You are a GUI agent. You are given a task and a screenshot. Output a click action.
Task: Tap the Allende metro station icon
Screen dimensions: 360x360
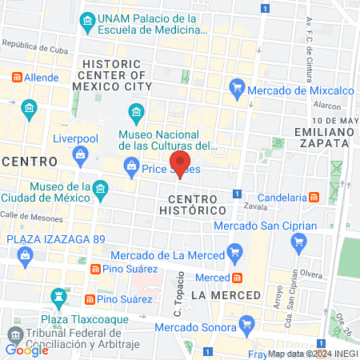[x=17, y=78]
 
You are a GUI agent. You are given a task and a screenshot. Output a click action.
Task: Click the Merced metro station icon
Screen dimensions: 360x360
[x=238, y=278]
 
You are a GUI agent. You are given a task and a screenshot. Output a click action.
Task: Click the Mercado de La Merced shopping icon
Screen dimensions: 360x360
[x=234, y=255]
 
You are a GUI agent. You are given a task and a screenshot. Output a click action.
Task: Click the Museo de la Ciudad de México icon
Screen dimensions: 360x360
[x=100, y=191]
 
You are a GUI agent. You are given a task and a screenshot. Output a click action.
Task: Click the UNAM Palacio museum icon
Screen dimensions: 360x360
[x=86, y=20]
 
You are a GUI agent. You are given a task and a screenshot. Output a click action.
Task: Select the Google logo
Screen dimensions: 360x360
[x=27, y=350]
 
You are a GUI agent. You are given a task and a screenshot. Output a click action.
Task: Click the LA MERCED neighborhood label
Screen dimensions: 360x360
[x=226, y=295]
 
